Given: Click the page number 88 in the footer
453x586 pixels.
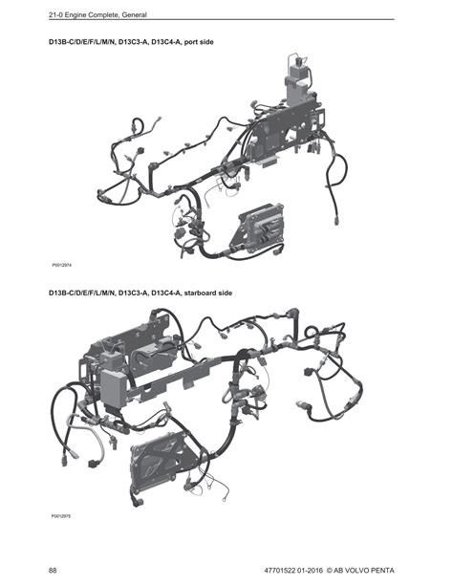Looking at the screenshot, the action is point(53,571).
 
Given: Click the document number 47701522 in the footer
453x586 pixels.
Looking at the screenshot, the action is point(279,571).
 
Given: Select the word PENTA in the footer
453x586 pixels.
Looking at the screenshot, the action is point(382,571).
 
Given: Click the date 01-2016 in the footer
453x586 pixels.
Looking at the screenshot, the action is point(310,571).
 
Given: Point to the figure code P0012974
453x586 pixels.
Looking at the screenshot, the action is point(62,265).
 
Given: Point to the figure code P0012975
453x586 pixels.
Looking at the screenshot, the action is point(61,516).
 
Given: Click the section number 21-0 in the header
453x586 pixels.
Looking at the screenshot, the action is point(55,15).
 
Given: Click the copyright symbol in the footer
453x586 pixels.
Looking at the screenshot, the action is point(329,571).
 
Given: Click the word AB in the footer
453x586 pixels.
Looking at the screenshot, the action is point(337,571).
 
